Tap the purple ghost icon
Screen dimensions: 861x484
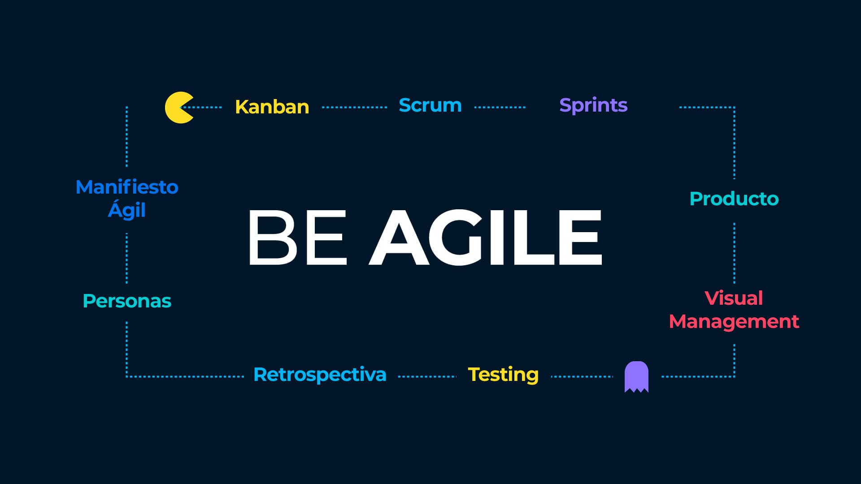click(x=636, y=376)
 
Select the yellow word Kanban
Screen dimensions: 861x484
click(x=272, y=107)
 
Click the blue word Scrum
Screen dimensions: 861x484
click(x=430, y=105)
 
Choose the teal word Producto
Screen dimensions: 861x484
click(x=734, y=199)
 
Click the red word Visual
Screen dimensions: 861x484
click(x=734, y=298)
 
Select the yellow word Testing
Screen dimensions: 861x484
click(x=503, y=375)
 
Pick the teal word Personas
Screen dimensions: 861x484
click(x=127, y=301)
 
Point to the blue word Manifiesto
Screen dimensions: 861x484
click(x=127, y=187)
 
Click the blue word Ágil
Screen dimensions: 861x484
click(x=127, y=210)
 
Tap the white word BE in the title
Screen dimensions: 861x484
click(x=297, y=237)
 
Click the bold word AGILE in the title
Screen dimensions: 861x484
click(x=485, y=237)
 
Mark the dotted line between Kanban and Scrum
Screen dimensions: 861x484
click(x=354, y=108)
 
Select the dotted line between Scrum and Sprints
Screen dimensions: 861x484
click(x=500, y=108)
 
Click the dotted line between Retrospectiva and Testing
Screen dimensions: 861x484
click(x=427, y=376)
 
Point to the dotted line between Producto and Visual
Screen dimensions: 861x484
click(x=734, y=253)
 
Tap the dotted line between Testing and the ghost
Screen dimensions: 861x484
click(x=582, y=376)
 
